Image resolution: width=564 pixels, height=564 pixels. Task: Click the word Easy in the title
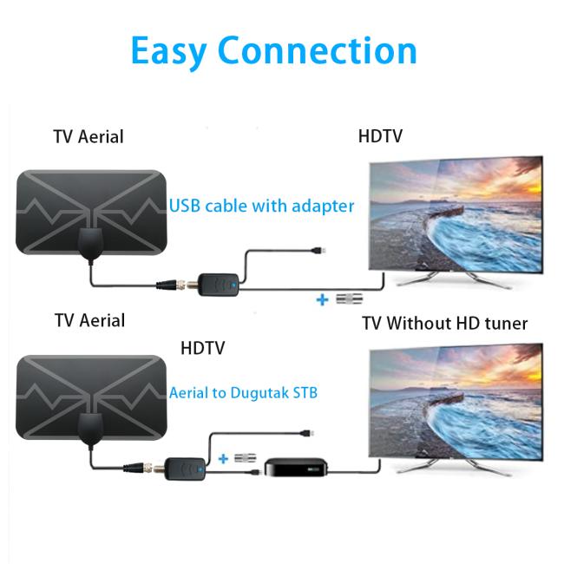169,51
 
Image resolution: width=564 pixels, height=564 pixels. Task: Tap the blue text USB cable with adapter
261,207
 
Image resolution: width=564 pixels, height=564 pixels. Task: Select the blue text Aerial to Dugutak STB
243,393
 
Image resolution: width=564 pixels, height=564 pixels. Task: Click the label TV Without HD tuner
444,323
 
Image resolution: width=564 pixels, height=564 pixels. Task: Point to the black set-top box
297,468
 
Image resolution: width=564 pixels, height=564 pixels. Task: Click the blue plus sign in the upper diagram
322,299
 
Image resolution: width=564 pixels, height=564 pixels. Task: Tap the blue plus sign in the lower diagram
223,459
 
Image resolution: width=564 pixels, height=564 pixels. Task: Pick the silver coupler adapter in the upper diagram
350,298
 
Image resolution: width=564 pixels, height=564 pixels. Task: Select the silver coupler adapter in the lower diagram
246,458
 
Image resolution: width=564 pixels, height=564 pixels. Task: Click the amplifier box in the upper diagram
219,285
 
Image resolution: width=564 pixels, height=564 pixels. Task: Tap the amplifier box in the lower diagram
185,469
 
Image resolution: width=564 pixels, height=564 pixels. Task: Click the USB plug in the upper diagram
318,251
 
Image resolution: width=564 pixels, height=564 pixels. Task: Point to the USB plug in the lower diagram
307,433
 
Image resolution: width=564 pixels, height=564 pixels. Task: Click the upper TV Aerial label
89,137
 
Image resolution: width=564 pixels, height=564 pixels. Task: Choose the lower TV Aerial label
90,320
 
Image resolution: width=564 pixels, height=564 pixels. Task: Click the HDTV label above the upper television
380,136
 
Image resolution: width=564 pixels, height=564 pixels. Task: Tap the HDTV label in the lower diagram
202,348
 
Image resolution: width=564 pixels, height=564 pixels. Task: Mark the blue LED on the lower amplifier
200,469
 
